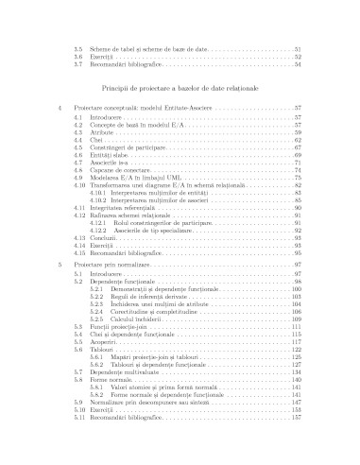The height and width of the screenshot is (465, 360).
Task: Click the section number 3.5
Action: [x=79, y=48]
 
